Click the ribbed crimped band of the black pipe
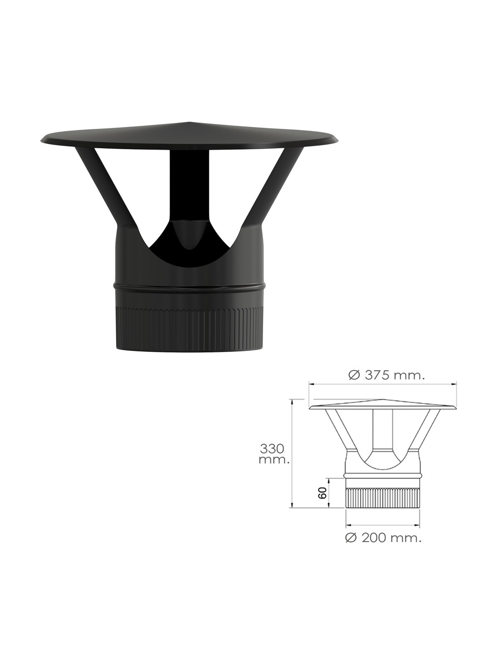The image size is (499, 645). point(189,328)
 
